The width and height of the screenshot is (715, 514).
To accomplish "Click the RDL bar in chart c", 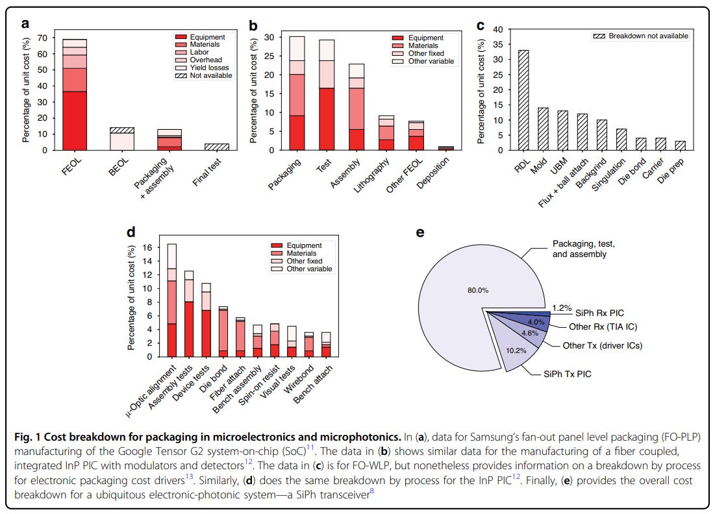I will (x=523, y=100).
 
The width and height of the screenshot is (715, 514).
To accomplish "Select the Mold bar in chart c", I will (x=542, y=128).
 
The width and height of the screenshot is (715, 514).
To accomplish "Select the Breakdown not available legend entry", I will (x=640, y=36).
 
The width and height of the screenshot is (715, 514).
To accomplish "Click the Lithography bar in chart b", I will (x=386, y=132).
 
